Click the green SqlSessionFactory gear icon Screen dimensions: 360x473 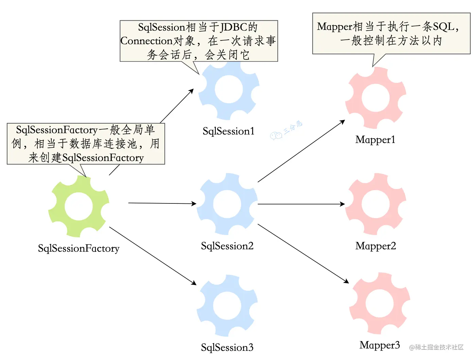coord(79,206)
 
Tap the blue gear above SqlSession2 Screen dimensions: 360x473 coord(227,204)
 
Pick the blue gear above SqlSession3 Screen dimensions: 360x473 coord(227,305)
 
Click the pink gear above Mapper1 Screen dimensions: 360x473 coord(375,98)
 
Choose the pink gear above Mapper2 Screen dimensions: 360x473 coord(375,204)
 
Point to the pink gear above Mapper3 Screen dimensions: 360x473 coord(380,303)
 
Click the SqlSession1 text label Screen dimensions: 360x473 coord(228,131)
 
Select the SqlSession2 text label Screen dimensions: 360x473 coord(227,246)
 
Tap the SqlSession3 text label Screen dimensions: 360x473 coord(227,347)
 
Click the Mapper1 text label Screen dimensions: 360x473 coord(375,140)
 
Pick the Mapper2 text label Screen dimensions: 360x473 coord(375,246)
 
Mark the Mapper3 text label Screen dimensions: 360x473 coord(380,345)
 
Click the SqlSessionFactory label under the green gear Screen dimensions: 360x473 coord(78,248)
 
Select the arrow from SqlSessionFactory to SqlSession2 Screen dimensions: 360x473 coord(162,203)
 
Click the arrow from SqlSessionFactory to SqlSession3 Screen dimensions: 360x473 coord(153,256)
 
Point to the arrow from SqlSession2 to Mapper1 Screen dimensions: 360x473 coord(301,151)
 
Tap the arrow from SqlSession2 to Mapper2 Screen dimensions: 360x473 coord(301,204)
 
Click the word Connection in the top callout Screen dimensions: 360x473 coord(147,41)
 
